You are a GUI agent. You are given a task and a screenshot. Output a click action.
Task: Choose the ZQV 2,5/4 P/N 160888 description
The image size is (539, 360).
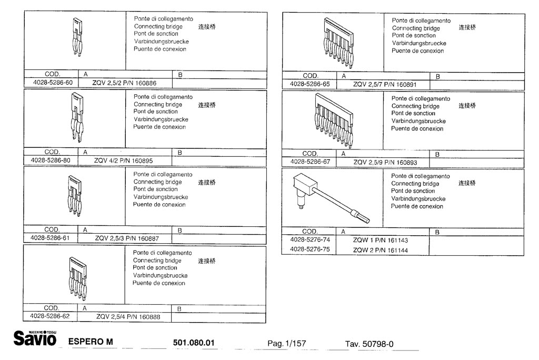coord(128,317)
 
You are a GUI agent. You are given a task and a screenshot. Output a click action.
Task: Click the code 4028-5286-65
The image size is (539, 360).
coord(310,84)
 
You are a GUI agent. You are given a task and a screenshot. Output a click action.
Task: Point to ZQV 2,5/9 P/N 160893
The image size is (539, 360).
coord(385,163)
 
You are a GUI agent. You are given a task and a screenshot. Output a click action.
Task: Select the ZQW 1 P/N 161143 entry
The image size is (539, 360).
coord(380,240)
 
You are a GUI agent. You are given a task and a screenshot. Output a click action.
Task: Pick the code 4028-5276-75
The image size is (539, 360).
coord(310,249)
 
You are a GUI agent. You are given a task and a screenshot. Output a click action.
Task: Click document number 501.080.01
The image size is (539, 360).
coord(194,343)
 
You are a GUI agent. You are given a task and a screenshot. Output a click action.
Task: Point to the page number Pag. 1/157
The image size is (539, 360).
coord(286,344)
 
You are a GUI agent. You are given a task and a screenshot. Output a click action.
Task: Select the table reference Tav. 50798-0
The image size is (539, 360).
coord(369,344)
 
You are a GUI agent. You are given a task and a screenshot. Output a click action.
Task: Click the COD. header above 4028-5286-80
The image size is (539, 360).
coord(52,152)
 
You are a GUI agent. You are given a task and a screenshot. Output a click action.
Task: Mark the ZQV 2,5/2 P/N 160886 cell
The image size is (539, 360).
coord(124,83)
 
